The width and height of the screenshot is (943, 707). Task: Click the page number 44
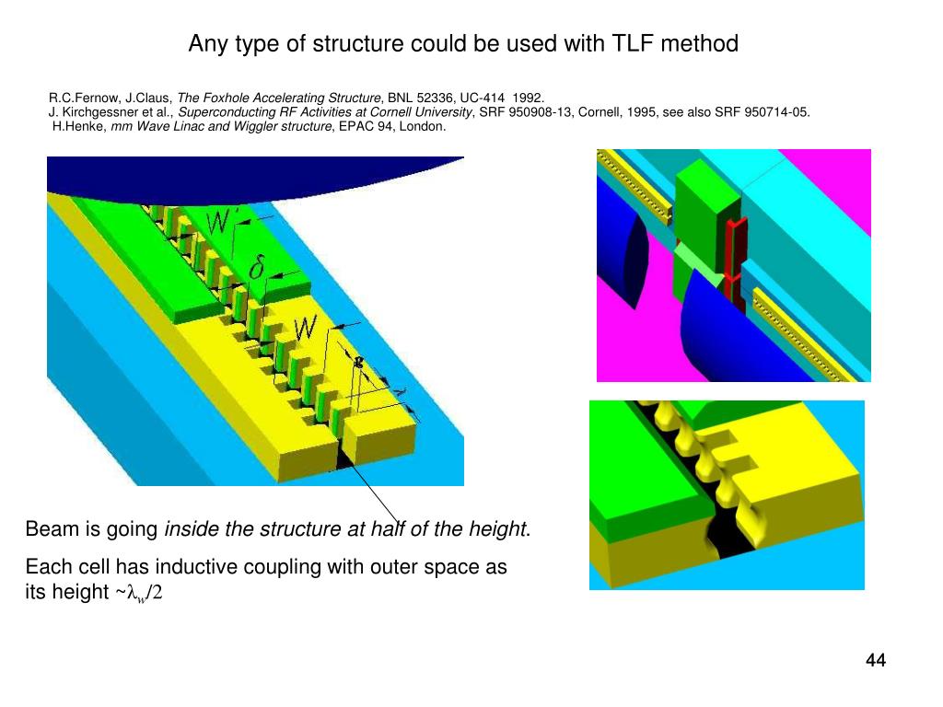875,660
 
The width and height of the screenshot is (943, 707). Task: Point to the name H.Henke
79,127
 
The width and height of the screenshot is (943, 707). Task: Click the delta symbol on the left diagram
257,269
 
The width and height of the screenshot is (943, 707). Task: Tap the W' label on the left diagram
221,222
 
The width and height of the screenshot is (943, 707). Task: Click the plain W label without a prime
306,327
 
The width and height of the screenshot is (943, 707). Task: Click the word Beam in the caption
47,529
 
